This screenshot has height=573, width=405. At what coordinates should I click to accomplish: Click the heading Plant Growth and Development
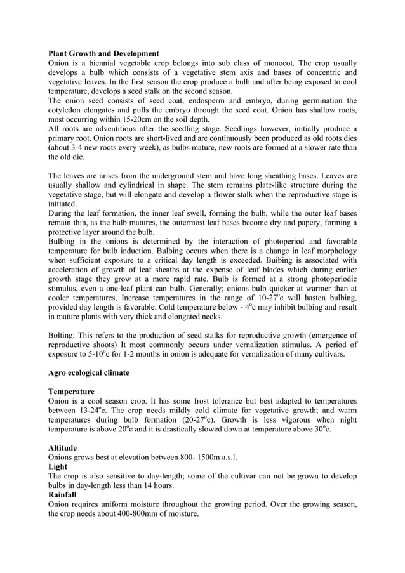103,53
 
